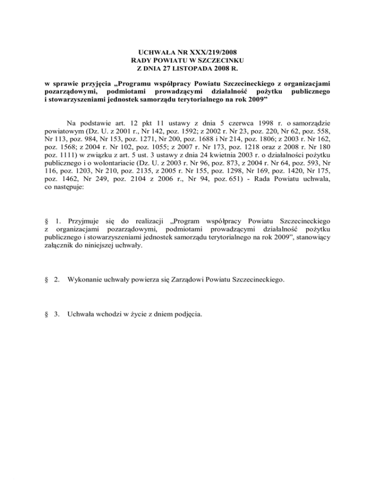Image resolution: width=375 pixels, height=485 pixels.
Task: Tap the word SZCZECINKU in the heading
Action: [213, 60]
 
